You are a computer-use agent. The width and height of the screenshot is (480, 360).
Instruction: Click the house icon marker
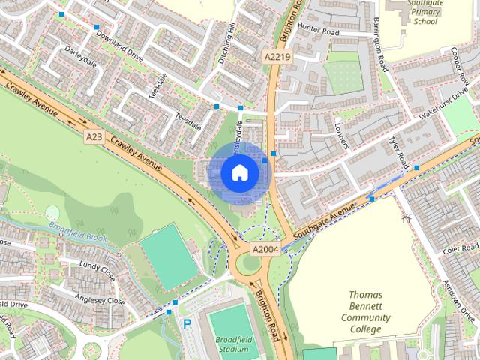pyautogui.click(x=239, y=173)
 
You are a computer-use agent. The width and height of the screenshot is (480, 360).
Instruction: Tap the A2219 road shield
pyautogui.click(x=276, y=57)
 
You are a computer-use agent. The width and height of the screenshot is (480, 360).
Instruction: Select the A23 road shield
pyautogui.click(x=94, y=137)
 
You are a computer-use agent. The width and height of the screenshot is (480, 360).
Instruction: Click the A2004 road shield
pyautogui.click(x=265, y=249)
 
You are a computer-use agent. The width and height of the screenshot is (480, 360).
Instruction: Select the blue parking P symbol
pyautogui.click(x=187, y=324)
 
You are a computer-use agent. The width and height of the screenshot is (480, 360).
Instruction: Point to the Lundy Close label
pyautogui.click(x=96, y=270)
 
